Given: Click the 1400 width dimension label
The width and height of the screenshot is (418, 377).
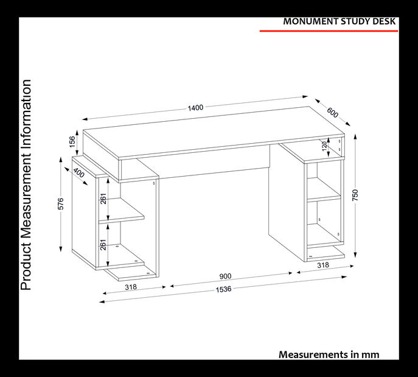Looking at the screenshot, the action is coord(196,108).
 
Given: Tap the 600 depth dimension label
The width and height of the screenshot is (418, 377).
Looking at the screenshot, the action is coord(332,112).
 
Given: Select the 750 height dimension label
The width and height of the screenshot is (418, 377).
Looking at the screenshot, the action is coord(355,195).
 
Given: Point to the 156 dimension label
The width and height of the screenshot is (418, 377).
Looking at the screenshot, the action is coord(72,142).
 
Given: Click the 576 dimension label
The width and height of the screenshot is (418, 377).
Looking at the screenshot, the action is coord(61,203).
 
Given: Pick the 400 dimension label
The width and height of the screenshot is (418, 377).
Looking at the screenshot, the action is coord(78,172).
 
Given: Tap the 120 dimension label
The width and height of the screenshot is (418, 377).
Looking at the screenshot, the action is coord(324,146).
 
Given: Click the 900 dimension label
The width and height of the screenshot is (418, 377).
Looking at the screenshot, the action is coord(225,276).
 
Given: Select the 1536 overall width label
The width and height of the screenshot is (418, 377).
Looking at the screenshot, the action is coord(223,289).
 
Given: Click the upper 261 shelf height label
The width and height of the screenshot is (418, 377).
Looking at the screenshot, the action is coord(103,199).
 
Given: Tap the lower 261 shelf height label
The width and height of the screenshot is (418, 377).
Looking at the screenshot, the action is coord(103,245).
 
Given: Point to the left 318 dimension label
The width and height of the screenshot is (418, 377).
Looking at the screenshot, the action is coord(131,287).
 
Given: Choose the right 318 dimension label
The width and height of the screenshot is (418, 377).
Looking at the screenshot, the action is coord(323,265).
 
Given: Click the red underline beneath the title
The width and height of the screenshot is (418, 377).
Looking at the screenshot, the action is coord(329,31).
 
